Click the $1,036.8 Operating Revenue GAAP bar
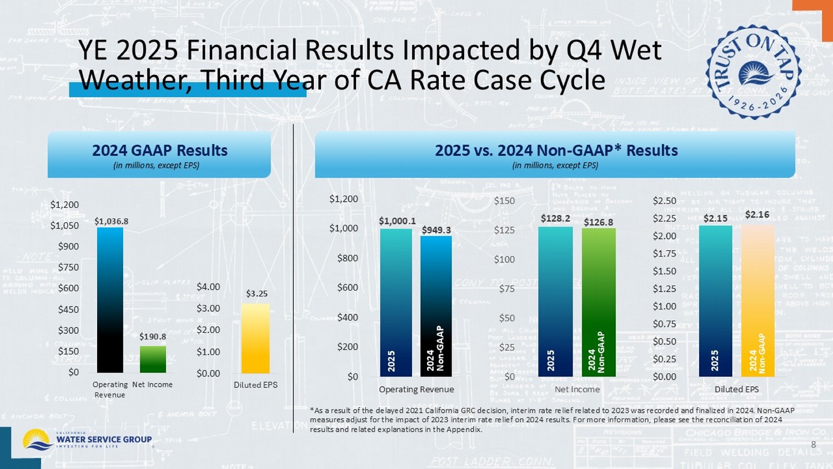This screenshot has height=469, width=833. (x=110, y=300)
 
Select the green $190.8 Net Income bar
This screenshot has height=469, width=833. (x=153, y=360)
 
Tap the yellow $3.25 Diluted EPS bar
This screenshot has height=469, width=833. (x=255, y=338)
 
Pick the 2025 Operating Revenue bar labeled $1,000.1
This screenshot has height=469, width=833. (x=396, y=303)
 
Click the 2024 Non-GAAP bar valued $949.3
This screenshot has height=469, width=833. (x=436, y=306)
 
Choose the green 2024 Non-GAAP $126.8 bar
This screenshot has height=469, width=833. (x=599, y=302)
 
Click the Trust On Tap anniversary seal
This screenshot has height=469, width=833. (x=753, y=72)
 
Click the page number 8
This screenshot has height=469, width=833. (x=814, y=445)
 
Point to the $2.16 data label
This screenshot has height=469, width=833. (x=757, y=214)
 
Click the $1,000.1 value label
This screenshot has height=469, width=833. (x=397, y=221)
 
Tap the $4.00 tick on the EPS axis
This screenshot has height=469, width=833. (x=208, y=287)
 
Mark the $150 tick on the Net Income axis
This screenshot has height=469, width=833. (x=504, y=201)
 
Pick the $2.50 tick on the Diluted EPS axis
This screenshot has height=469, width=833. (x=664, y=201)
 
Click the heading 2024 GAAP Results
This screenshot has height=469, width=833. (x=160, y=151)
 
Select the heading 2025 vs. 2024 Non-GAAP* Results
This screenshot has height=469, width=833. (x=556, y=151)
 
